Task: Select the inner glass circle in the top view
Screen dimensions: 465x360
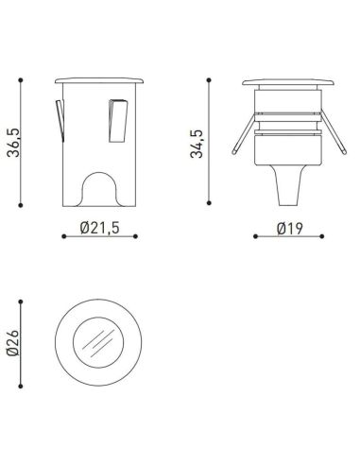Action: click(100, 342)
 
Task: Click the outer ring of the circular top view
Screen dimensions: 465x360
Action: click(66, 342)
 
